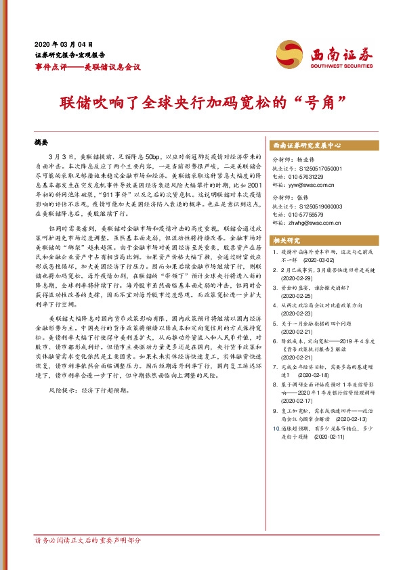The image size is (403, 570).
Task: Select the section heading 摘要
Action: [42, 144]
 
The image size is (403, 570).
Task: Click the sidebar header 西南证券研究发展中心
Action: [305, 146]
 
